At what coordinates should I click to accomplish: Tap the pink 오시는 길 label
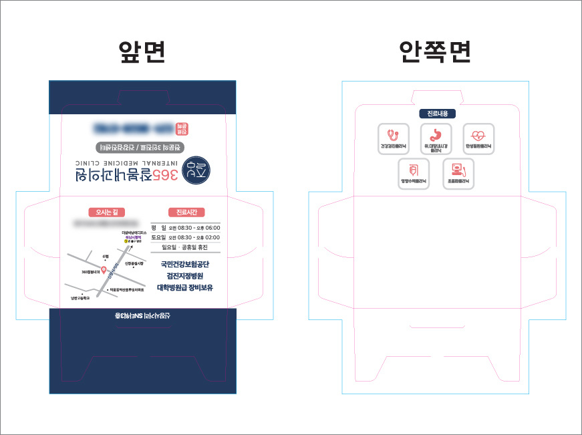pos(106,212)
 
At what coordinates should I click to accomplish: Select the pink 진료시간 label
pos(182,212)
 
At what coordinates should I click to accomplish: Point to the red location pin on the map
pos(104,269)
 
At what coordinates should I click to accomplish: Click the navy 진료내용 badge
pos(438,114)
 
